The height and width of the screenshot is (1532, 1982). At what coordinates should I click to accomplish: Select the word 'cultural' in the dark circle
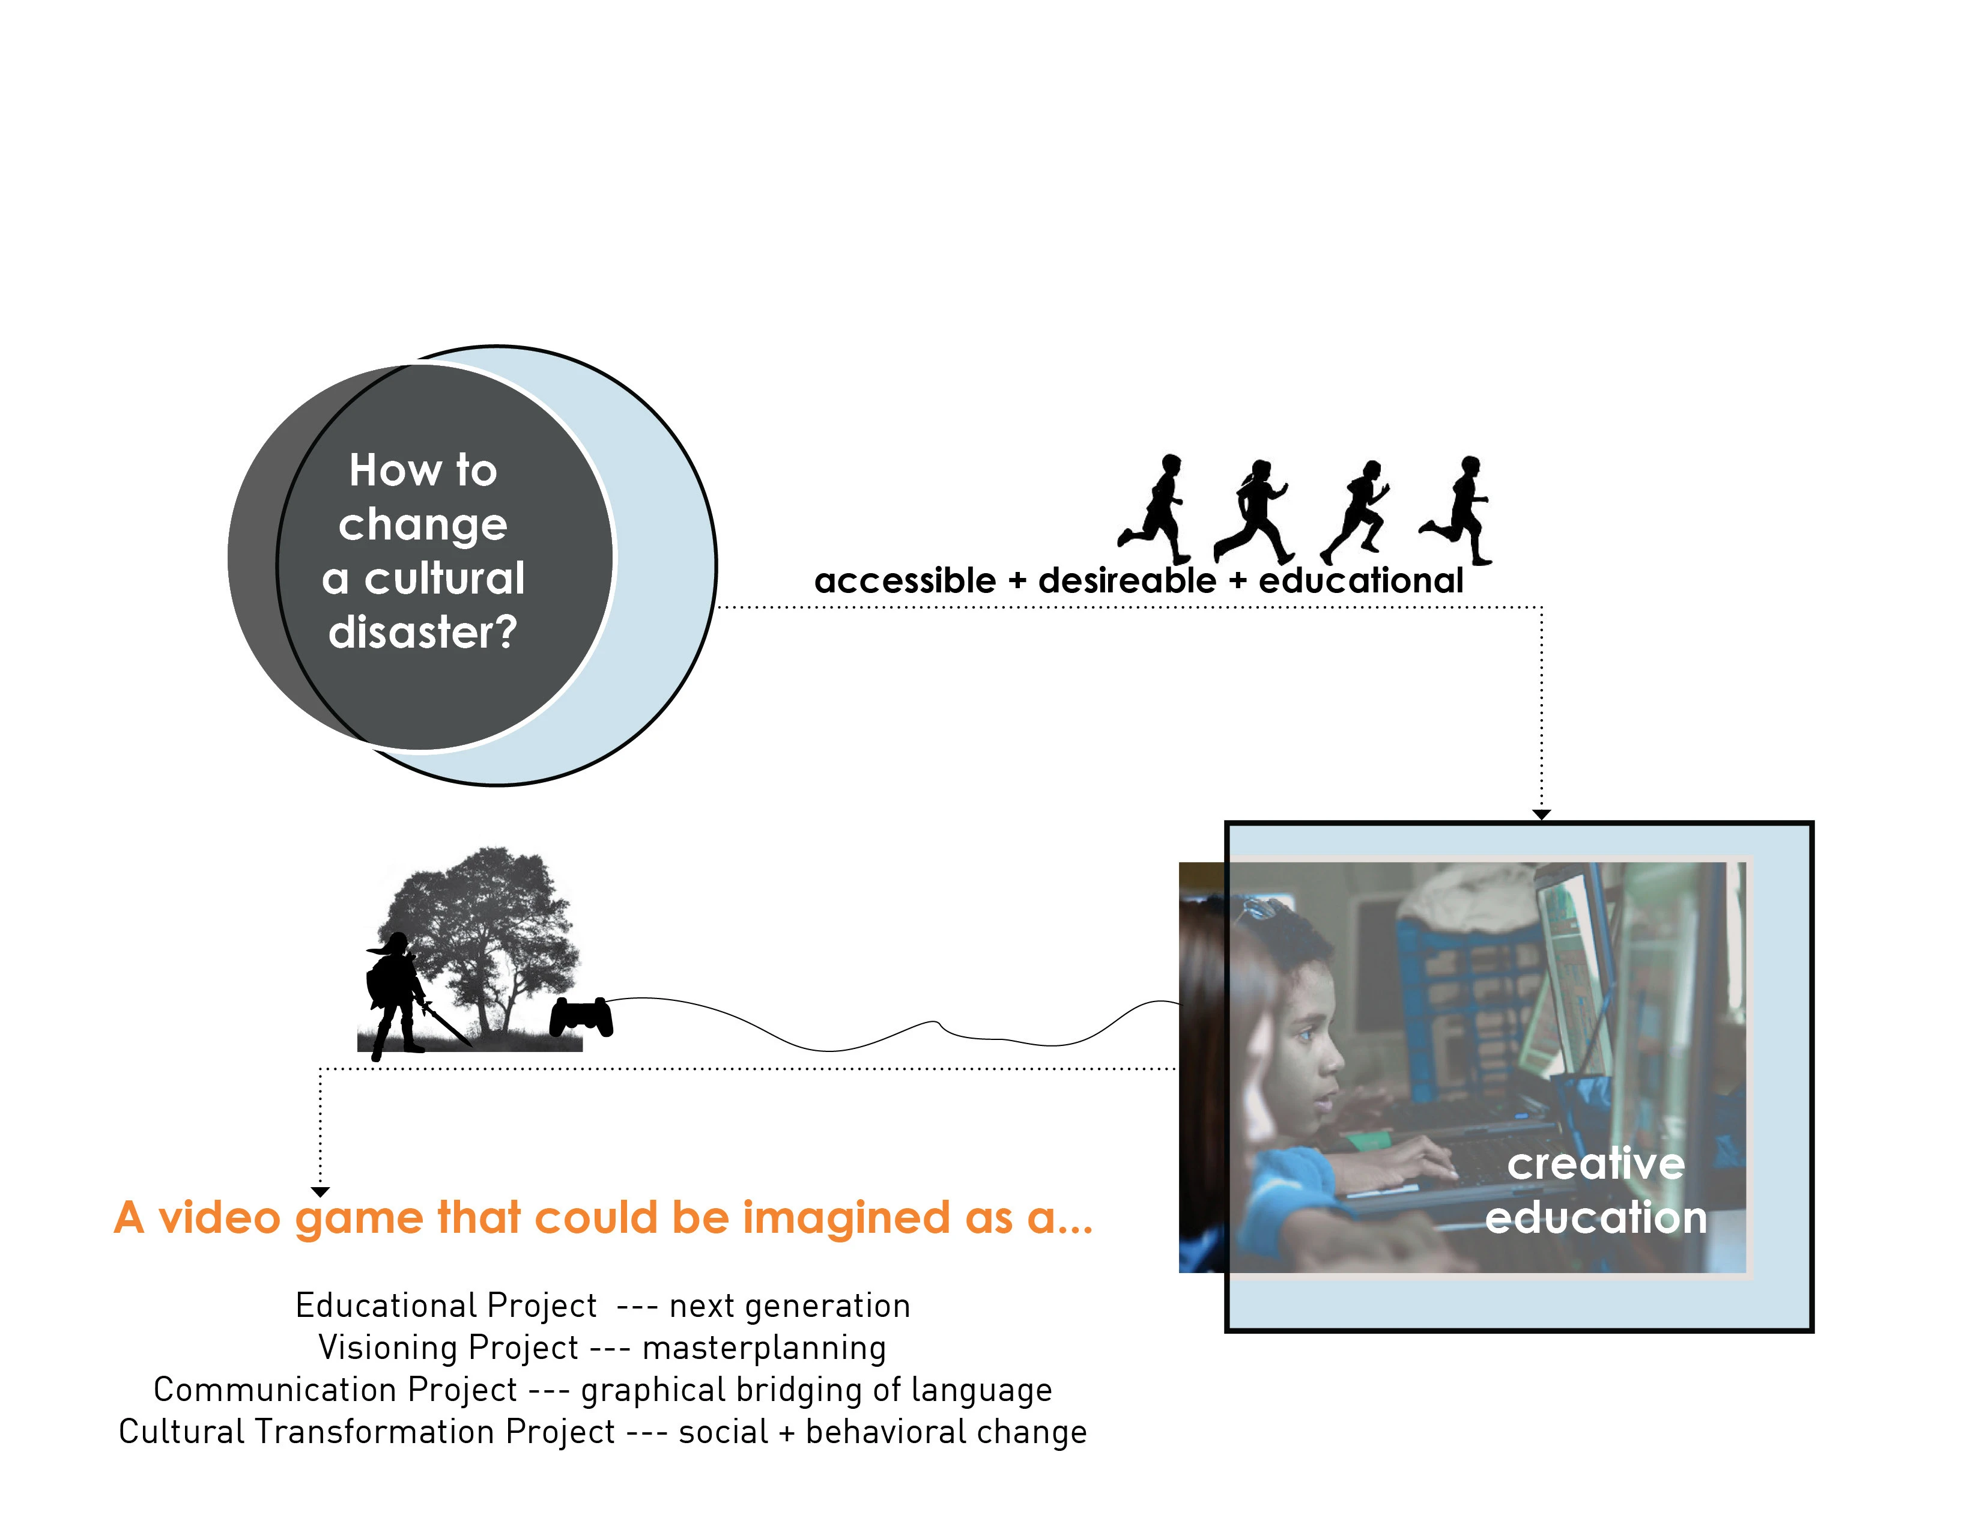pos(444,578)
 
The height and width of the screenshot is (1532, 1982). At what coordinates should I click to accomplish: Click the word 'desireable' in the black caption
pos(1127,581)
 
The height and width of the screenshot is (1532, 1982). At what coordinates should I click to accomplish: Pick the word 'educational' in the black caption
pos(1361,581)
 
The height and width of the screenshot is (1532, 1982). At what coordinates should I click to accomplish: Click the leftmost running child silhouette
pos(1154,509)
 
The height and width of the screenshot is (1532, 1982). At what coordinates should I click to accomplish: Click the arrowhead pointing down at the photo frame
pos(1541,815)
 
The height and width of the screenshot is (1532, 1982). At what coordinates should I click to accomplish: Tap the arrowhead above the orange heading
pos(320,1192)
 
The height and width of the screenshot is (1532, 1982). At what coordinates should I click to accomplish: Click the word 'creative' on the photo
pos(1595,1164)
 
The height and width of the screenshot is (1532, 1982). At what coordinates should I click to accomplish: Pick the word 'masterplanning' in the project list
pos(764,1349)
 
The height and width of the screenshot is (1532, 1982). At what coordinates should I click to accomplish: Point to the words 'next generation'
pos(790,1306)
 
